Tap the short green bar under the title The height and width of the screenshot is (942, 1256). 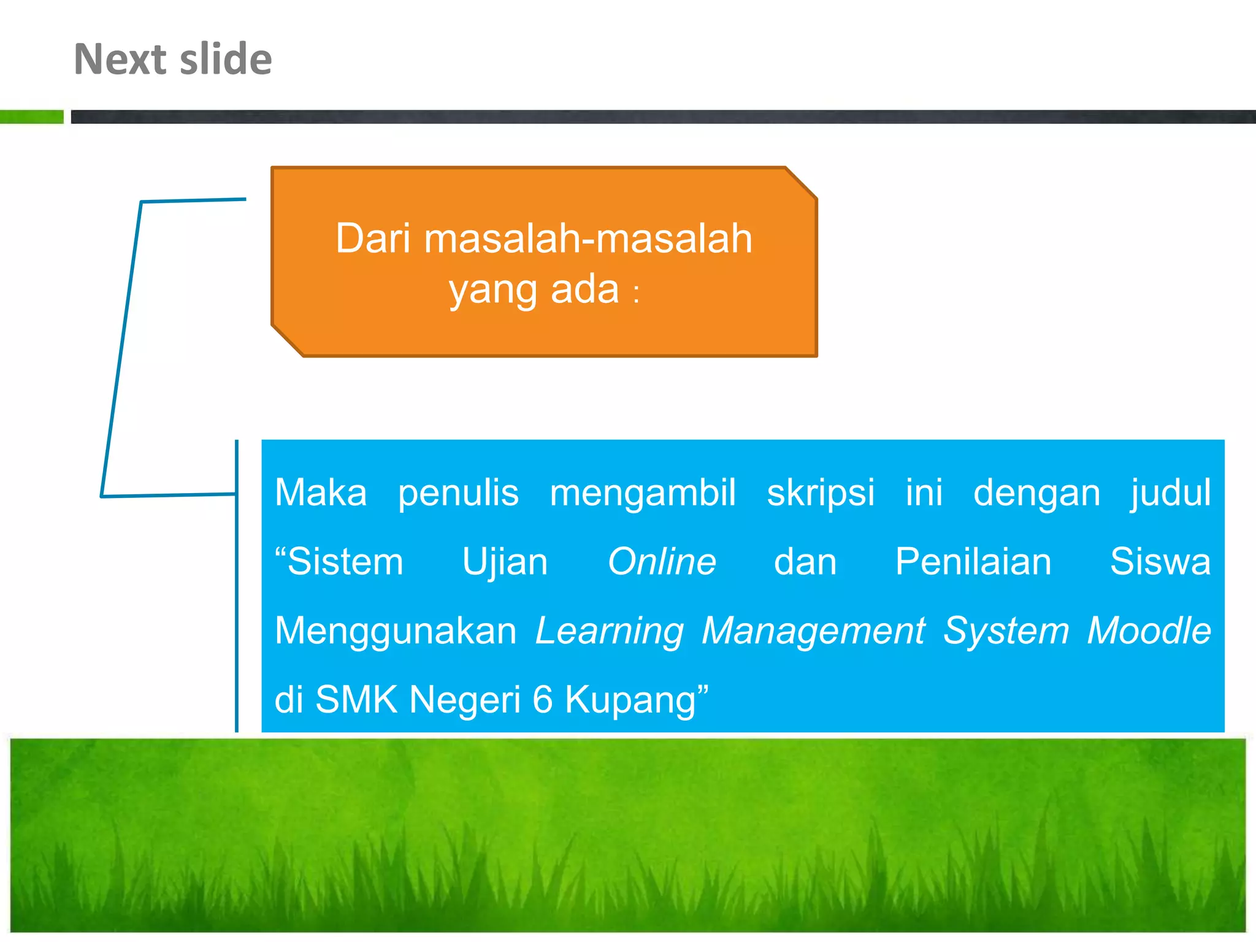tap(31, 117)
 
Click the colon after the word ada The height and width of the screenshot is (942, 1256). tap(637, 293)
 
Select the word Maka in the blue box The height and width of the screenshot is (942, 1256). tap(321, 492)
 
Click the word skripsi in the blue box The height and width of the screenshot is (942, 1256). tap(821, 493)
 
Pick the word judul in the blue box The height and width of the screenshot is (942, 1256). tap(1171, 493)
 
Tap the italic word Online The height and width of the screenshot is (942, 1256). tap(662, 561)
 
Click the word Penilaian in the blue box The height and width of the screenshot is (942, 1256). tap(973, 561)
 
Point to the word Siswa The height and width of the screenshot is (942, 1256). tap(1160, 561)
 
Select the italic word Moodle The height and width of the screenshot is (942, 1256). tap(1149, 630)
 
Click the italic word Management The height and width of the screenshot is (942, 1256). tap(813, 630)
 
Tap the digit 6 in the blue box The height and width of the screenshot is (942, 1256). tap(543, 699)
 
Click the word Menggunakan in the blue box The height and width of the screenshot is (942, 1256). tap(396, 632)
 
